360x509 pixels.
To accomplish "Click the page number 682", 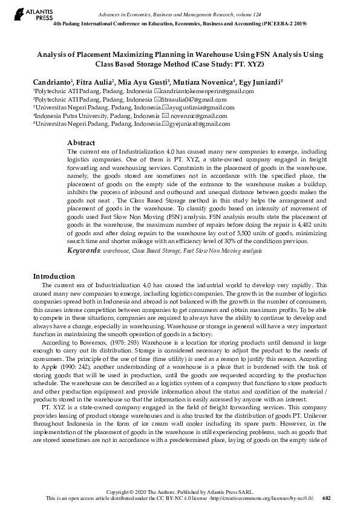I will pyautogui.click(x=327, y=498).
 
